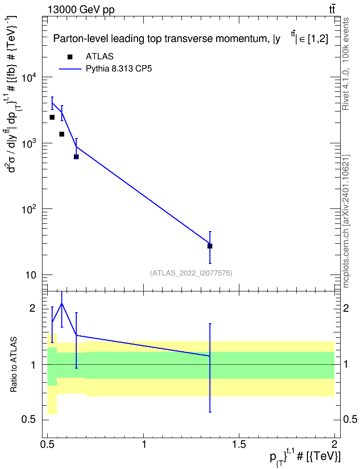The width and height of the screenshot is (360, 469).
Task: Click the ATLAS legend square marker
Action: [70, 57]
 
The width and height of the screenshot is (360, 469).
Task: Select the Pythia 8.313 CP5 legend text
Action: [119, 69]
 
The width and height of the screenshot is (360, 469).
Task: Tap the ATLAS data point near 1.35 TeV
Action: [210, 246]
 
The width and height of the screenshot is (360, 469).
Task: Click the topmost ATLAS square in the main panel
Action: [52, 117]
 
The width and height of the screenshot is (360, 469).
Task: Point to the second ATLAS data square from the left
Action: [62, 134]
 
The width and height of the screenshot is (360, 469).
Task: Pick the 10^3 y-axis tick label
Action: [29, 145]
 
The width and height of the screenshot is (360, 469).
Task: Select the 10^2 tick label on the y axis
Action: [29, 210]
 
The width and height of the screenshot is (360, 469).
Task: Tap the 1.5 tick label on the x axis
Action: [239, 444]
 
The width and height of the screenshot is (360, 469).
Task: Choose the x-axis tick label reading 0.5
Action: [48, 444]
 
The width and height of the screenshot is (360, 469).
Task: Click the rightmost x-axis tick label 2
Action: [334, 444]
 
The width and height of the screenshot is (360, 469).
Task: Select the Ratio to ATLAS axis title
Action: [13, 365]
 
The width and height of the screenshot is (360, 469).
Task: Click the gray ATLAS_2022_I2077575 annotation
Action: [191, 273]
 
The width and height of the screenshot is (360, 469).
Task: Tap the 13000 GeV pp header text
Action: [81, 10]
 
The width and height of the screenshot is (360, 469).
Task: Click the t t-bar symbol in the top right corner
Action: [332, 10]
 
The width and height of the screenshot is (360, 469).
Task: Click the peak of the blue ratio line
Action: [62, 303]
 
